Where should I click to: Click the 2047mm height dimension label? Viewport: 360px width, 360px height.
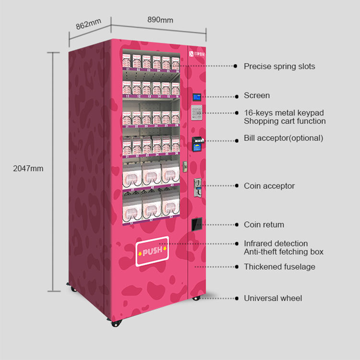tap(28, 168)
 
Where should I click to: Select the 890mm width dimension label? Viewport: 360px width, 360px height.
tap(160, 20)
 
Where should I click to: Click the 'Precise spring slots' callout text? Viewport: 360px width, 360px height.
tap(279, 66)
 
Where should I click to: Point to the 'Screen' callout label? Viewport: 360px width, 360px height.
tap(257, 96)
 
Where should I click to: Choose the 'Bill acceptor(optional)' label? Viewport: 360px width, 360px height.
tap(283, 138)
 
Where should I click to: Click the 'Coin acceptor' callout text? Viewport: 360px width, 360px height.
tap(269, 186)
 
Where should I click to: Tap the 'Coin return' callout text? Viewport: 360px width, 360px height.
tap(264, 225)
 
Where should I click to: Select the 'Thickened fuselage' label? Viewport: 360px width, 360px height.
tap(279, 266)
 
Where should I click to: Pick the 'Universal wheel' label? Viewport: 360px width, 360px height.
tap(273, 299)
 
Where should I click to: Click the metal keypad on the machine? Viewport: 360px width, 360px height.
tap(196, 113)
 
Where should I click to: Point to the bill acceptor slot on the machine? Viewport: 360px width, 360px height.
tap(196, 142)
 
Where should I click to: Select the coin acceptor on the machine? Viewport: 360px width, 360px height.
tap(197, 186)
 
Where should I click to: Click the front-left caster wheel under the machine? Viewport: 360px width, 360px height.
tap(115, 324)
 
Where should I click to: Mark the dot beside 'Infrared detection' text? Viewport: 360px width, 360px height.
tap(235, 244)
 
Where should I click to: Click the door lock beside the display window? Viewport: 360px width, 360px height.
tap(184, 165)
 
